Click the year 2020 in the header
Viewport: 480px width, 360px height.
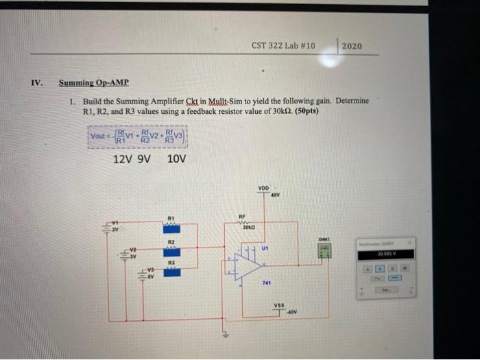pos(351,46)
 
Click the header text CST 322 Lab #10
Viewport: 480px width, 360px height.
pos(283,46)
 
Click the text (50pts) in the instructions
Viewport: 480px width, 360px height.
pos(304,110)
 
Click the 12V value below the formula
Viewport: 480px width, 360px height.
pos(121,159)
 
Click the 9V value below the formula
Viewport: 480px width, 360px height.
pos(144,159)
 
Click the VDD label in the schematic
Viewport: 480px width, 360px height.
pos(263,188)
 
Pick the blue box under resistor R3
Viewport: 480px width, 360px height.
pos(171,272)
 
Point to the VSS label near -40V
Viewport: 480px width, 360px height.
pos(278,307)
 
